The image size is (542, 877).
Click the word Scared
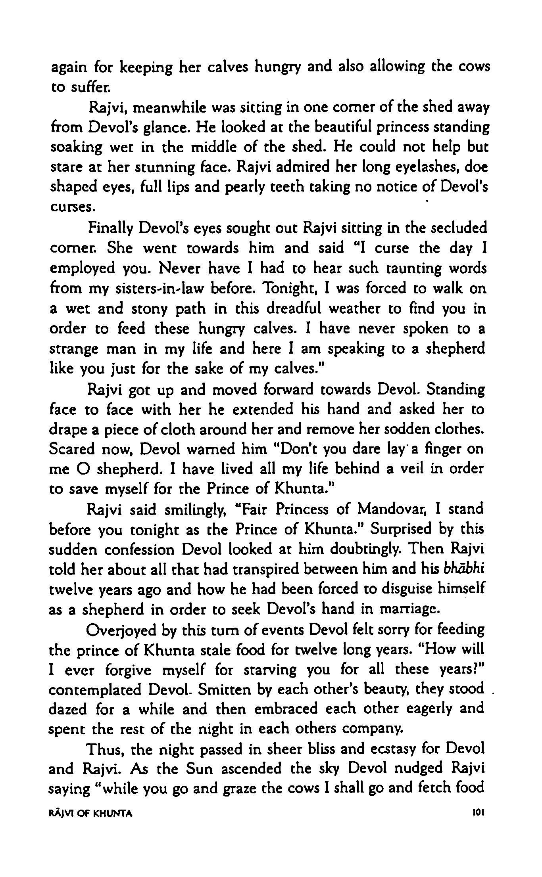72,449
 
